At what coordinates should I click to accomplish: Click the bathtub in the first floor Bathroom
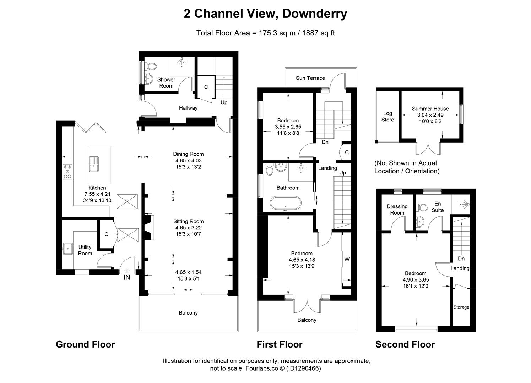click(x=286, y=203)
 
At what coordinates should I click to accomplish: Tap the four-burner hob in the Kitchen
click(x=67, y=172)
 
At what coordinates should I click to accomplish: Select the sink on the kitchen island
click(x=94, y=164)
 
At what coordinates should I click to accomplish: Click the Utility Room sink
click(x=68, y=249)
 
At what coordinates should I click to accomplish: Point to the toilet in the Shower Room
click(x=151, y=66)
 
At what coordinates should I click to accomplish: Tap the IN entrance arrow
click(x=127, y=270)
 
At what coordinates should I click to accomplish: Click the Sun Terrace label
click(x=310, y=78)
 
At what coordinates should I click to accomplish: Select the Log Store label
click(x=388, y=116)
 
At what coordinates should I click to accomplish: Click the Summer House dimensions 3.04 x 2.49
click(x=430, y=115)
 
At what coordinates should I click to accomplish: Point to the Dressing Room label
click(x=397, y=210)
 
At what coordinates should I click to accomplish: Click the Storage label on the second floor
click(x=461, y=307)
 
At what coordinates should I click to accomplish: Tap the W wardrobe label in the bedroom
click(x=347, y=260)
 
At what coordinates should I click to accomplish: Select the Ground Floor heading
click(x=85, y=344)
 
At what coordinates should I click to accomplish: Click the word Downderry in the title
click(x=315, y=13)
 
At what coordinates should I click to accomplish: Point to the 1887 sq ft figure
click(x=318, y=33)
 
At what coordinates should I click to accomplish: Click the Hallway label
click(x=188, y=108)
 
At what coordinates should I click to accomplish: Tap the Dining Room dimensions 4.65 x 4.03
click(x=189, y=161)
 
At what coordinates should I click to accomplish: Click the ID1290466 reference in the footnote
click(x=303, y=368)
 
